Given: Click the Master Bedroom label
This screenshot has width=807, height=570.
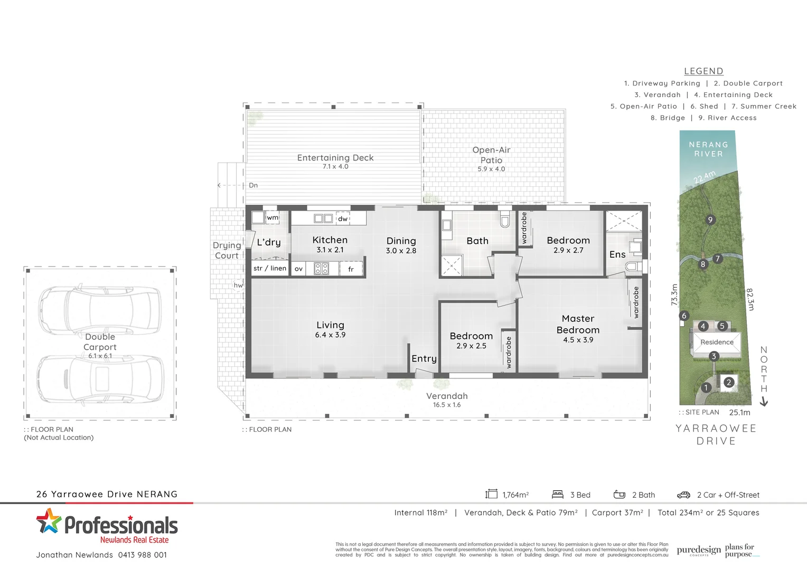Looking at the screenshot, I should (578, 324).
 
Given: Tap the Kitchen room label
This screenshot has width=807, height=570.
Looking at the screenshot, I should (330, 240).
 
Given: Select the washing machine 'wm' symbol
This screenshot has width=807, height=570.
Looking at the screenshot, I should (273, 217).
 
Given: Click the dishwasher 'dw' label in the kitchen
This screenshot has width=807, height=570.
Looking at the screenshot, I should (343, 218).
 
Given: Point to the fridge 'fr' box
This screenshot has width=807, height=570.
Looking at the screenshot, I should (351, 269).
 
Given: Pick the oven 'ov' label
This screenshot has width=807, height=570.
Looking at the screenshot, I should (298, 269).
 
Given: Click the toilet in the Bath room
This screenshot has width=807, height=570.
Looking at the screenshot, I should (504, 219).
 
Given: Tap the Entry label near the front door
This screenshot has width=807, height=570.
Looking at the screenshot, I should (424, 358).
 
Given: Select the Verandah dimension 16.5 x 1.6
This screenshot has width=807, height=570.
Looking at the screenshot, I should (447, 405).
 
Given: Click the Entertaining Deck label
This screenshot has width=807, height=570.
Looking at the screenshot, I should (335, 158).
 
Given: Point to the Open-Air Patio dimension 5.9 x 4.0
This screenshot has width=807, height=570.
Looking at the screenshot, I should (491, 169).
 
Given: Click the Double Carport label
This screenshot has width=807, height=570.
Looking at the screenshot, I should (100, 342).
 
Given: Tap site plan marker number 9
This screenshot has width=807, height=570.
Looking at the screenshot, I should (710, 220).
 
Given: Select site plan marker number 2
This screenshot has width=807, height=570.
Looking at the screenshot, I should (729, 382).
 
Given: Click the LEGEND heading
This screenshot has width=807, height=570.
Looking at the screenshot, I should (703, 71).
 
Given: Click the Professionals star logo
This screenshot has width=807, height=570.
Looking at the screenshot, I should (49, 521).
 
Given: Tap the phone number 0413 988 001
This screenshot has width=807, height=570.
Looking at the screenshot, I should (143, 555).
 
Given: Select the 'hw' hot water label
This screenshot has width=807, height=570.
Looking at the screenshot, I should (238, 285).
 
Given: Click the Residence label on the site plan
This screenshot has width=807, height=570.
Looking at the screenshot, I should (717, 342).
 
